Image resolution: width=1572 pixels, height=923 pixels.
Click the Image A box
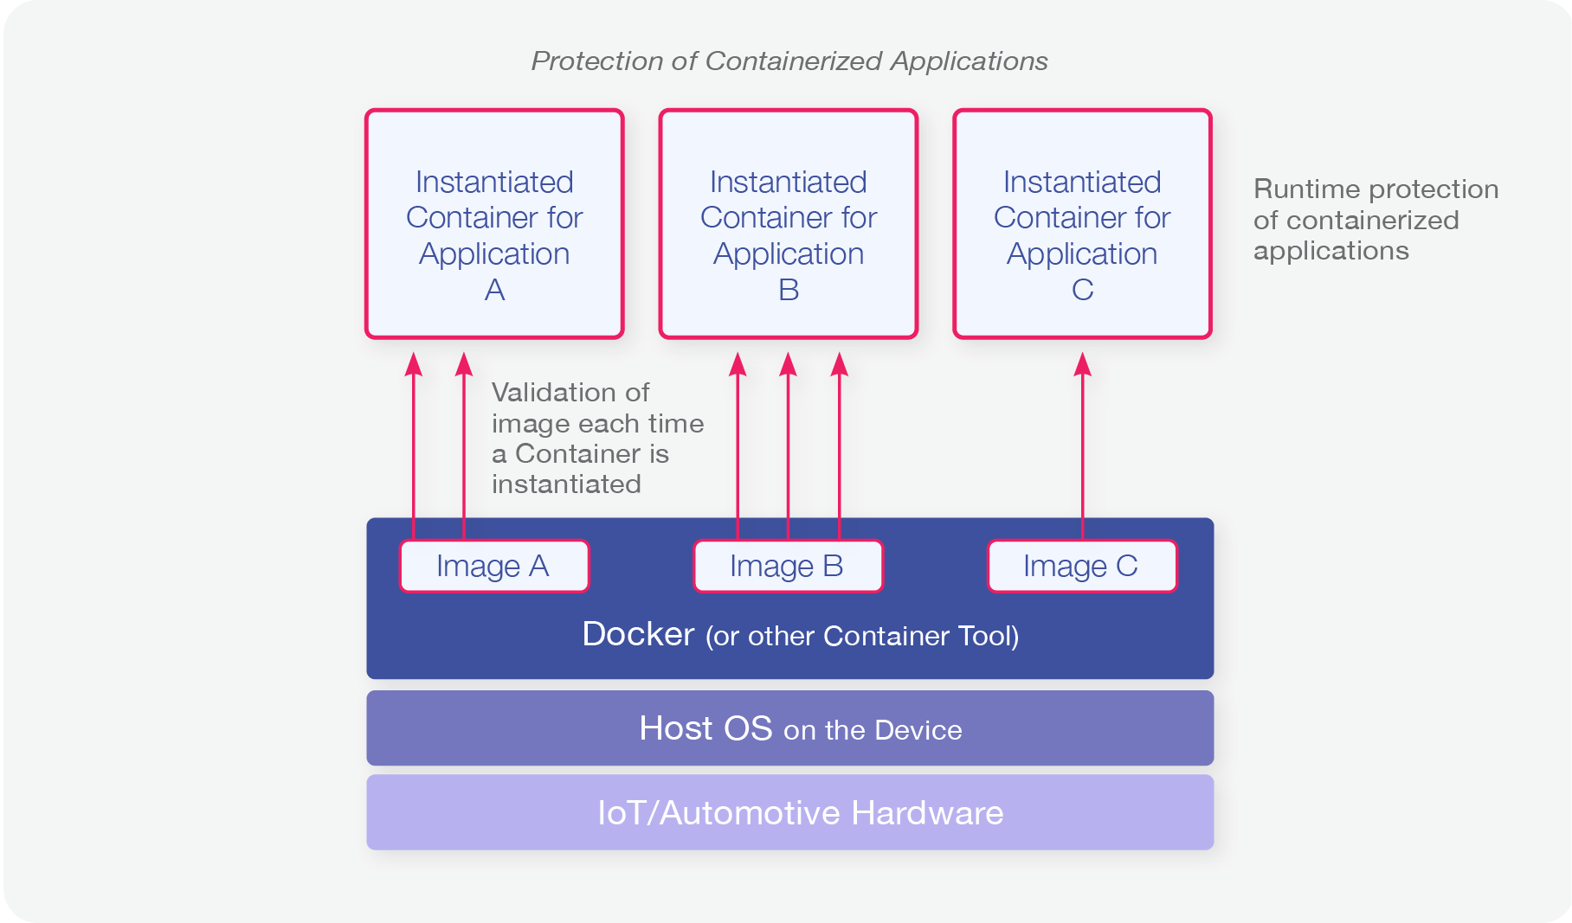coord(493,567)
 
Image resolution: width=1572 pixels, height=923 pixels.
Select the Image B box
coord(788,567)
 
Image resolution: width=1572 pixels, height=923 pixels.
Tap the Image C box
coord(1082,567)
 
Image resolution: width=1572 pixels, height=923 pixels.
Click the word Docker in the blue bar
coord(638,634)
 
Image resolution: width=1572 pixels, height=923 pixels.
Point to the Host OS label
coord(705,728)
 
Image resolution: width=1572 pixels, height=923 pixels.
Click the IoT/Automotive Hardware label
coord(800,813)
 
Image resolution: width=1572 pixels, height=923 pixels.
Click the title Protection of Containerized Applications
coord(789,61)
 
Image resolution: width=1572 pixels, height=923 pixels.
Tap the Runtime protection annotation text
coord(1375,220)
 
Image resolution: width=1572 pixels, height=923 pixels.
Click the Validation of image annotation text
coord(597,438)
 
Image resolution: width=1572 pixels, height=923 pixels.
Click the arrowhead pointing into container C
coord(1082,364)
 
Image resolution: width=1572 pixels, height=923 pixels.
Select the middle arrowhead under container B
coord(788,364)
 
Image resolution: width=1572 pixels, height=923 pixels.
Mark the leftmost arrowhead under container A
coord(414,364)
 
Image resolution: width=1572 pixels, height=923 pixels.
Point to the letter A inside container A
coord(494,290)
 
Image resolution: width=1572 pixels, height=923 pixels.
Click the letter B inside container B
coord(789,290)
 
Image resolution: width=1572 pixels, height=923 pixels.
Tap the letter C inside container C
coord(1082,290)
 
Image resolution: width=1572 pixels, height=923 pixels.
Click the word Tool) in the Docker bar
coord(988,636)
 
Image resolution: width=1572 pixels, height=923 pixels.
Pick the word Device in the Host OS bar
coord(918,730)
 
